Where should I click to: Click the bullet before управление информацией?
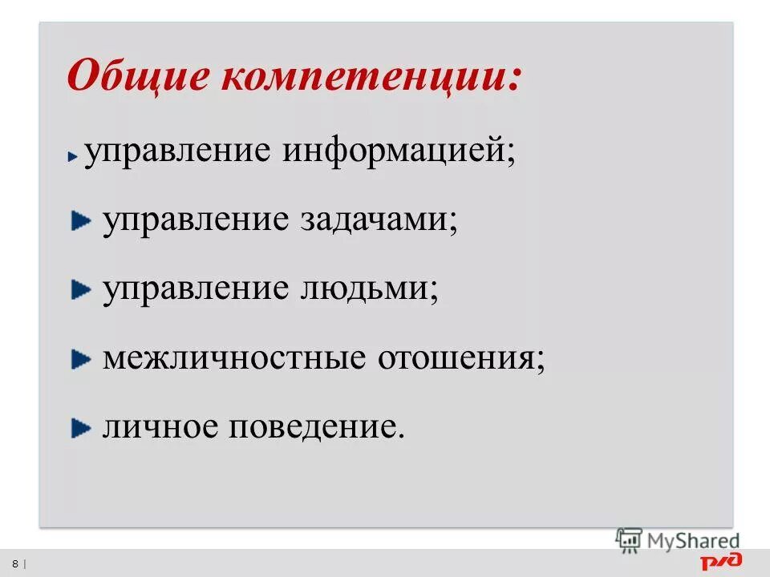(73, 156)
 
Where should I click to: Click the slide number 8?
(14, 562)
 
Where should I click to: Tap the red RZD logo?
(721, 561)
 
